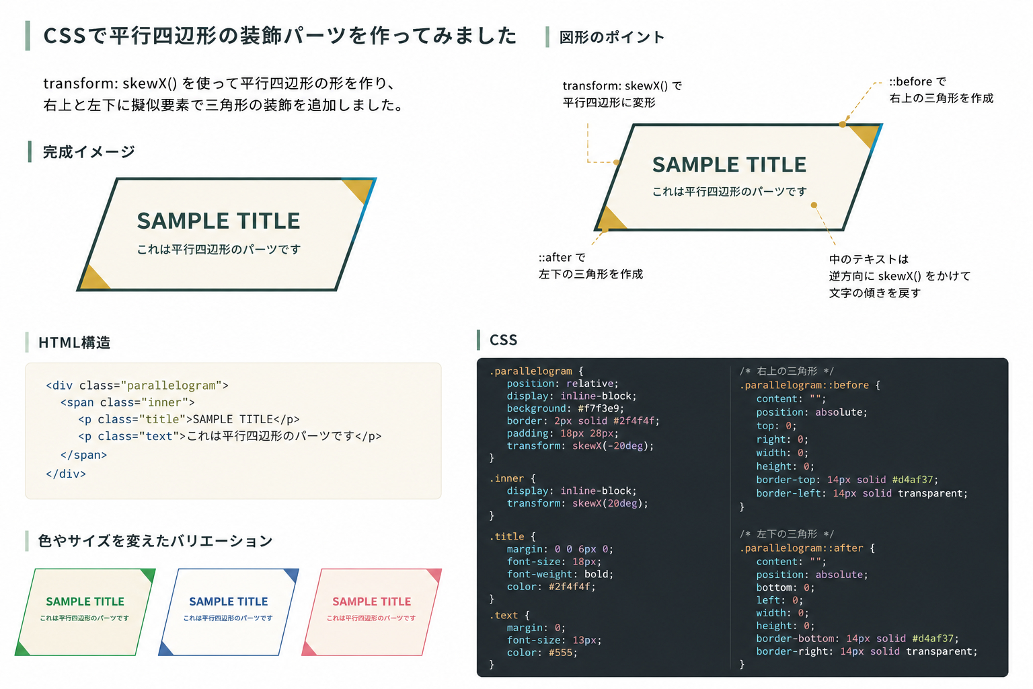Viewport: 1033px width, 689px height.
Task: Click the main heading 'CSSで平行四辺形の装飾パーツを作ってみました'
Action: tap(280, 36)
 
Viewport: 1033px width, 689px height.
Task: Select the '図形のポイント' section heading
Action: tap(611, 37)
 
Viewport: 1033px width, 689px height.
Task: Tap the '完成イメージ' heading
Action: tap(89, 152)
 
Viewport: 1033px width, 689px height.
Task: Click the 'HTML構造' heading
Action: tap(74, 342)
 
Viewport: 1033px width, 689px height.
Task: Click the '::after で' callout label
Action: tap(562, 257)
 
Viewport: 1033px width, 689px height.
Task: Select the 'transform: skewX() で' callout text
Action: tap(622, 86)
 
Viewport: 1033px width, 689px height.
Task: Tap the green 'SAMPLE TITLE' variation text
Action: tap(85, 602)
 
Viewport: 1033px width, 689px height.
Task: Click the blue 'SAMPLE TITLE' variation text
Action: tap(228, 602)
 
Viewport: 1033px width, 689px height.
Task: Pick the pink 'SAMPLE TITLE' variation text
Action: tap(372, 602)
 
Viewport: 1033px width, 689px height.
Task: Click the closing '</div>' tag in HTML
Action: tap(66, 474)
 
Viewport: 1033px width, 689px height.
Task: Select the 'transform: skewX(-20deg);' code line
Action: tap(580, 446)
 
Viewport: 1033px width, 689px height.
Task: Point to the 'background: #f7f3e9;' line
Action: tap(566, 408)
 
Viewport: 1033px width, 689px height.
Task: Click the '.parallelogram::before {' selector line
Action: tap(810, 385)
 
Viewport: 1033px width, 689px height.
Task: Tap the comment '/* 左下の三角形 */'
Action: tap(787, 534)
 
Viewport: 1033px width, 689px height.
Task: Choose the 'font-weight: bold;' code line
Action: tap(560, 574)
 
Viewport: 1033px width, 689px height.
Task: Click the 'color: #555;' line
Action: tap(542, 653)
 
